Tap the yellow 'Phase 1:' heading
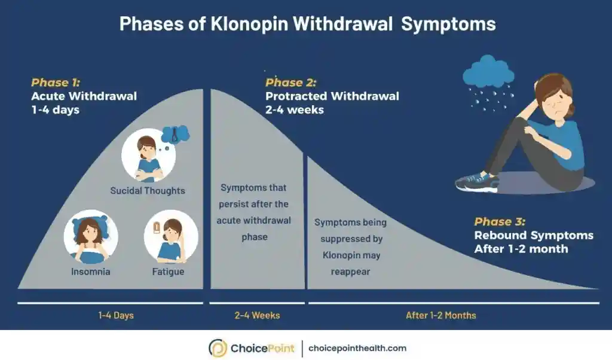(56, 83)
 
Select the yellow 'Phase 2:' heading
(291, 83)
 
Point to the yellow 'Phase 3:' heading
(500, 222)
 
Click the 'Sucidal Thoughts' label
(148, 191)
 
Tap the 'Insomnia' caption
(91, 271)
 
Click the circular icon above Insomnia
(91, 236)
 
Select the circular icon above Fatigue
(171, 236)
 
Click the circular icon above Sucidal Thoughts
(148, 155)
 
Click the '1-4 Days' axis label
(116, 315)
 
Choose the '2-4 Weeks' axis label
(257, 315)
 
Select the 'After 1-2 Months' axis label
(441, 315)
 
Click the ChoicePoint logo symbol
(218, 348)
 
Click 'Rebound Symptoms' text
(534, 235)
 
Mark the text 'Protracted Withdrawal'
(332, 96)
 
